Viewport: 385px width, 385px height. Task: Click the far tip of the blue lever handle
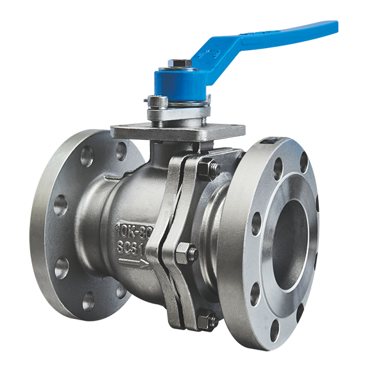pos(332,27)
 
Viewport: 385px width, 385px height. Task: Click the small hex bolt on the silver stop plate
pos(157,101)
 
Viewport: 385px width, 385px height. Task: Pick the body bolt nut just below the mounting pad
pos(207,169)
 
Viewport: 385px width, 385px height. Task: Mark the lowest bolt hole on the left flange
pos(89,300)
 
